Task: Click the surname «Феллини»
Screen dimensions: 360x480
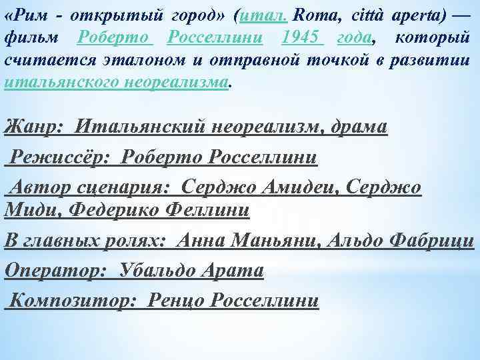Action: click(213, 211)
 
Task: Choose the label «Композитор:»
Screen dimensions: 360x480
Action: click(74, 301)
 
